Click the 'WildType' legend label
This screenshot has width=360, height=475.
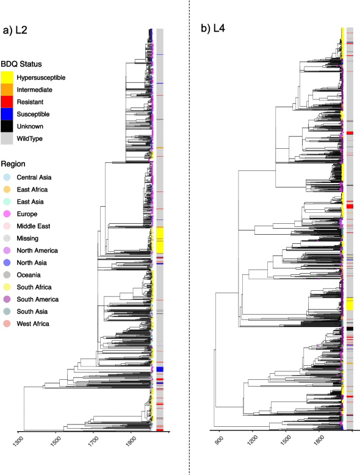[29, 139]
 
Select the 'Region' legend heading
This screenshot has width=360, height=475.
[13, 164]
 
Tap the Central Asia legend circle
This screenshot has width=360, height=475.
[7, 177]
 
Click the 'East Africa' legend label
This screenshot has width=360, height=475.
[34, 190]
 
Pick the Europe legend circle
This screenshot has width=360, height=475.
[7, 214]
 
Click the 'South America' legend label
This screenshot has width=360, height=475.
[37, 299]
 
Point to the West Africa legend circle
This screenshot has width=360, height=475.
[7, 324]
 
